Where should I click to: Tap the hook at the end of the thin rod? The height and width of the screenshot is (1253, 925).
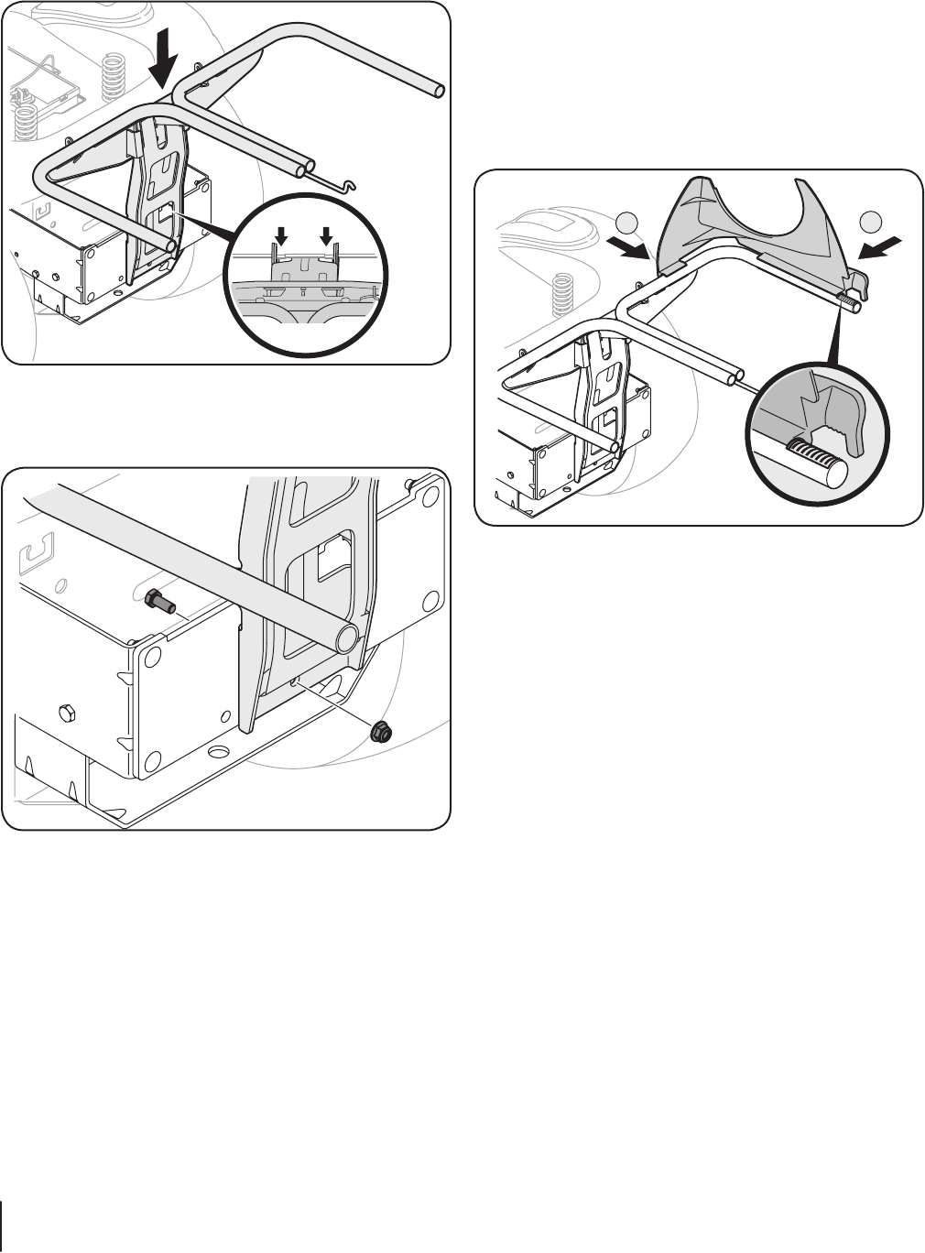[343, 186]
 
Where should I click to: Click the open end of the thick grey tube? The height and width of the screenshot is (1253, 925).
[346, 638]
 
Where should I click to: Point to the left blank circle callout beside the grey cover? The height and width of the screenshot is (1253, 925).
[626, 221]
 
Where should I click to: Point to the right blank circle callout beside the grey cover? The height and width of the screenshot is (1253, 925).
[871, 221]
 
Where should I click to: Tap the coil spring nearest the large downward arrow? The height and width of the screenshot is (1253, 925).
[114, 77]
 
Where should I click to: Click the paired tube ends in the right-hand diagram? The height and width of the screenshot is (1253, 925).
[734, 376]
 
